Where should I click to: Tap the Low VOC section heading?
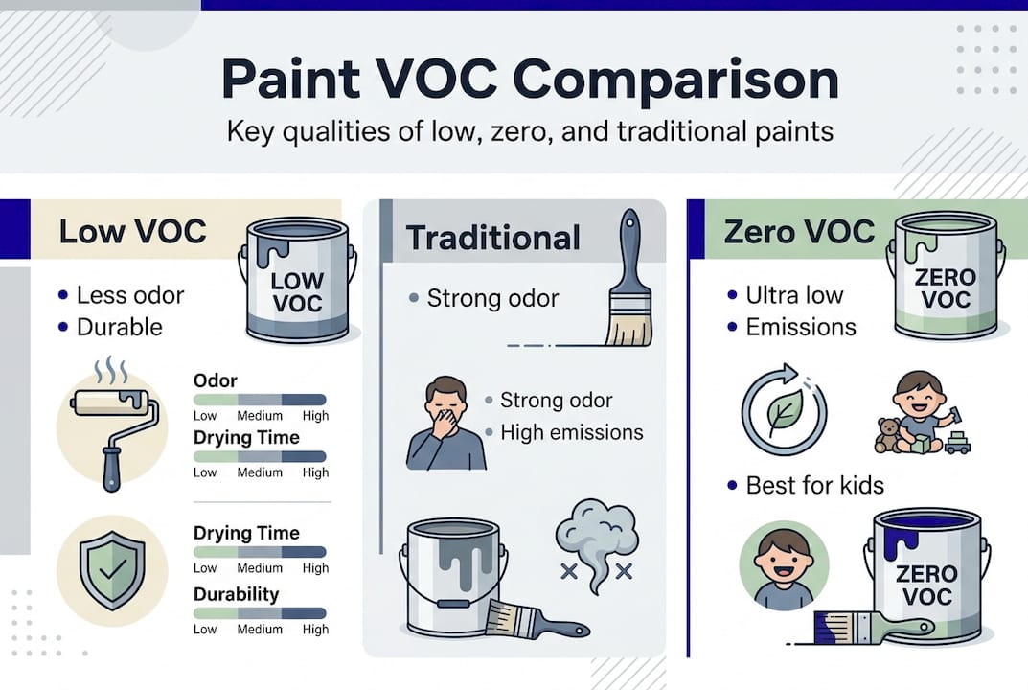click(x=132, y=231)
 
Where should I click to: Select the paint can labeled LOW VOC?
click(x=297, y=280)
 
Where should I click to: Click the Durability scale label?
click(x=236, y=594)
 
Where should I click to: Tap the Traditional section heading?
click(x=492, y=237)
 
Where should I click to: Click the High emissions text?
click(x=571, y=432)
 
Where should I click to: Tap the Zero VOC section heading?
click(x=799, y=231)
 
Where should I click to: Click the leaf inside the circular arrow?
click(x=784, y=410)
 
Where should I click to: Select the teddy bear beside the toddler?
click(x=889, y=435)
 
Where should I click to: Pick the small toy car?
click(x=957, y=442)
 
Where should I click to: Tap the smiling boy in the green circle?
click(x=783, y=564)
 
